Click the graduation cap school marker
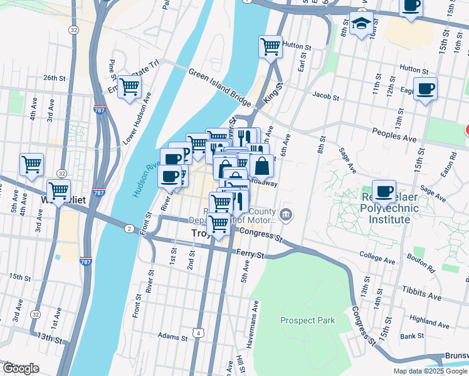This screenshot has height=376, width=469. coord(362,25)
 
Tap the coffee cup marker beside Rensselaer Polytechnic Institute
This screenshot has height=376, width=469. coord(384,191)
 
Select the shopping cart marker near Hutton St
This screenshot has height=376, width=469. coord(270,46)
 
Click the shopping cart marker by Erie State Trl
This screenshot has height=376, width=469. coord(129,87)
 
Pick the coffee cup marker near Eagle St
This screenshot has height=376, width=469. coord(425,88)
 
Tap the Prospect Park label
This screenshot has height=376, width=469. coord(307,320)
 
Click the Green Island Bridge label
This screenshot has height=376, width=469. coord(219,87)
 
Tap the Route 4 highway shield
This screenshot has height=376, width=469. coord(198,333)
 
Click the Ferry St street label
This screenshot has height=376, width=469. coord(251,254)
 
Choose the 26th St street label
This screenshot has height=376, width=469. coord(55,78)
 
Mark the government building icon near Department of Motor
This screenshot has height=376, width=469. coord(286,215)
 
